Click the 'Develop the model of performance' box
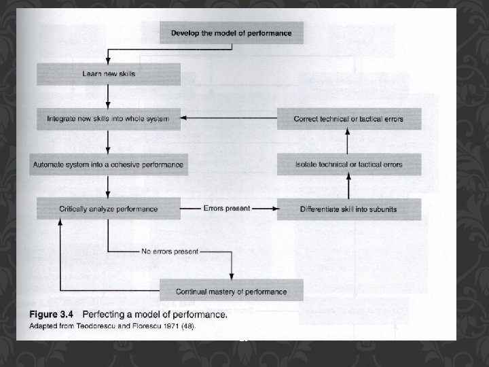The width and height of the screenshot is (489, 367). (231, 33)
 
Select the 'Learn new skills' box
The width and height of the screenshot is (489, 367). (109, 73)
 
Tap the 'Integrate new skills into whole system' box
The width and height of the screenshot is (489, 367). (109, 118)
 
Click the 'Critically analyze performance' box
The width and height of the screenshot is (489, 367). (109, 209)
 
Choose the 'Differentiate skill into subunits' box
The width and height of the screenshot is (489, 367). (348, 209)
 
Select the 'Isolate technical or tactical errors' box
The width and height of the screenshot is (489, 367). (348, 164)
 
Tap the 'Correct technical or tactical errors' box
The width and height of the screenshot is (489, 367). (348, 119)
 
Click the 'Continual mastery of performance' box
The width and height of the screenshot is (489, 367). (231, 292)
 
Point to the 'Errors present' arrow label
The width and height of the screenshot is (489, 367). (226, 208)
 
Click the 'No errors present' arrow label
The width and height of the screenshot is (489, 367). (170, 251)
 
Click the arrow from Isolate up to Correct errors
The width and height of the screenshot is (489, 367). (348, 141)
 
